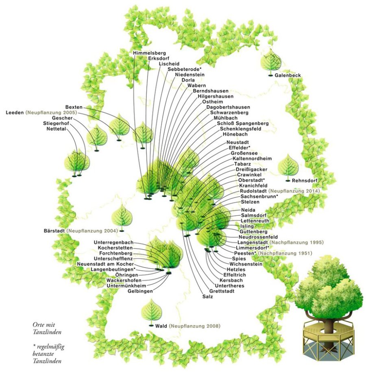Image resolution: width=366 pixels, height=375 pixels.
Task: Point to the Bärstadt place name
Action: point(54,231)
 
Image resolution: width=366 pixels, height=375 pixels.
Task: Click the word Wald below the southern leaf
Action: point(161,326)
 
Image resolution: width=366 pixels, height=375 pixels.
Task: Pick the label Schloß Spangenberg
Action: point(243,123)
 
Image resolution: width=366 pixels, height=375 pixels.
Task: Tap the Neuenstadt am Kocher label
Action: point(106,264)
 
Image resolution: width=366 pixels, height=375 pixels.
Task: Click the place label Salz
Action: point(207,296)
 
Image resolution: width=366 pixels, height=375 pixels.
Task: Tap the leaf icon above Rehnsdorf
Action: point(288,166)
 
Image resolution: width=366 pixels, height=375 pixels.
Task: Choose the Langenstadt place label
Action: point(252,242)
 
